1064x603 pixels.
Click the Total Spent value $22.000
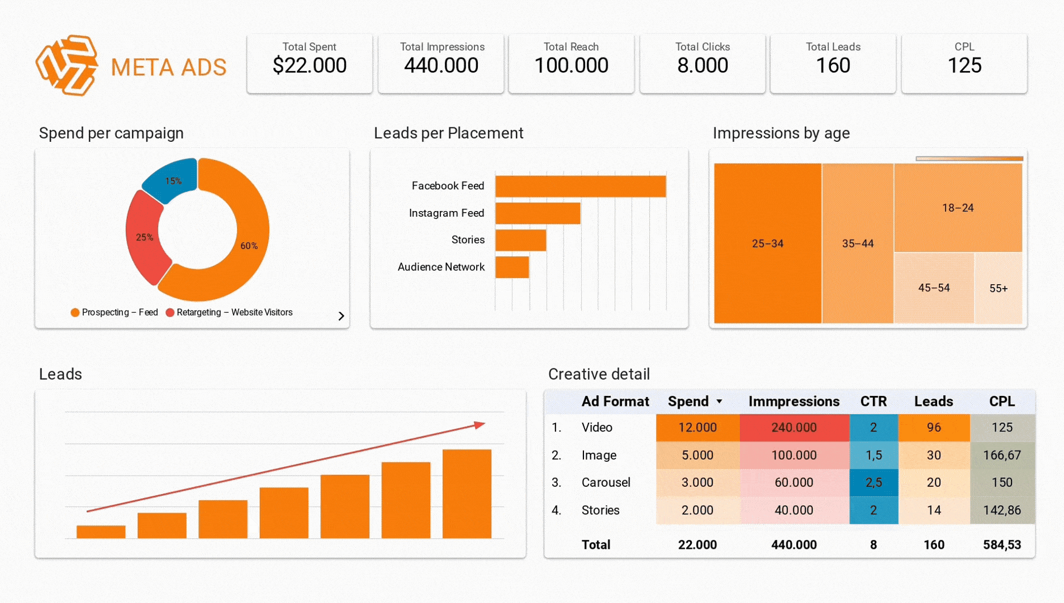coord(310,66)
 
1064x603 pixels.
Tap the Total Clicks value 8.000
coord(702,66)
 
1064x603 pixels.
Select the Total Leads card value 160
coord(833,66)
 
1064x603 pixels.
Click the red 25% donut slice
coord(144,237)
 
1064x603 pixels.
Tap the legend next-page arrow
coord(341,316)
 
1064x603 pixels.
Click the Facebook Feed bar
coord(580,186)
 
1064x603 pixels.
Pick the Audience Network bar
coord(512,267)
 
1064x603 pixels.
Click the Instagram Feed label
coord(446,213)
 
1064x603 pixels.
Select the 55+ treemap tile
coord(998,288)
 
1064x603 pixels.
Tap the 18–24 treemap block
coord(958,208)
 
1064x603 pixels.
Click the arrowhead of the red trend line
coord(480,425)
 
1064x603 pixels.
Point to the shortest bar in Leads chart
coord(101,532)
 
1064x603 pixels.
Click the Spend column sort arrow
coord(719,401)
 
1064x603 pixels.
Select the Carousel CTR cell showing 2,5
coord(873,482)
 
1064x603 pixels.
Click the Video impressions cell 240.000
coord(794,428)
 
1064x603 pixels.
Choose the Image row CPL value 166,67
coord(1001,455)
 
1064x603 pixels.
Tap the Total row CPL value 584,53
coord(1001,545)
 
